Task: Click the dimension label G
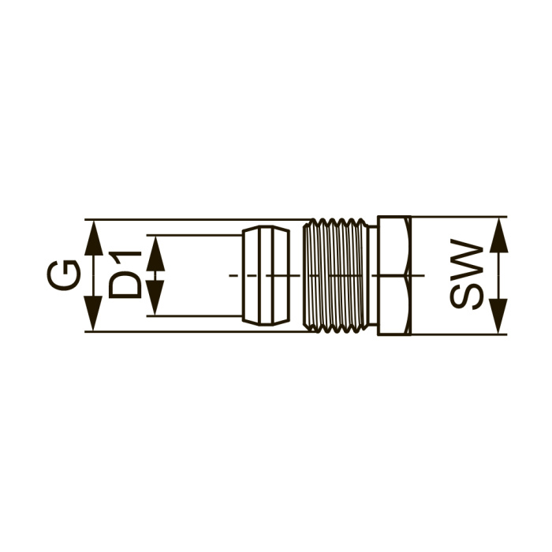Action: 63,275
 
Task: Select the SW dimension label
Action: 467,274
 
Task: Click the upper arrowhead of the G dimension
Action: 94,238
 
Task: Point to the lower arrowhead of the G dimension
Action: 94,313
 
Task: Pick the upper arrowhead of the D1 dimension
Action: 155,253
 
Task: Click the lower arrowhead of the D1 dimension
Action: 155,298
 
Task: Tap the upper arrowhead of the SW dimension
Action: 499,235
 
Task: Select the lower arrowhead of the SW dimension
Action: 499,315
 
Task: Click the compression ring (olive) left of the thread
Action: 267,276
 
